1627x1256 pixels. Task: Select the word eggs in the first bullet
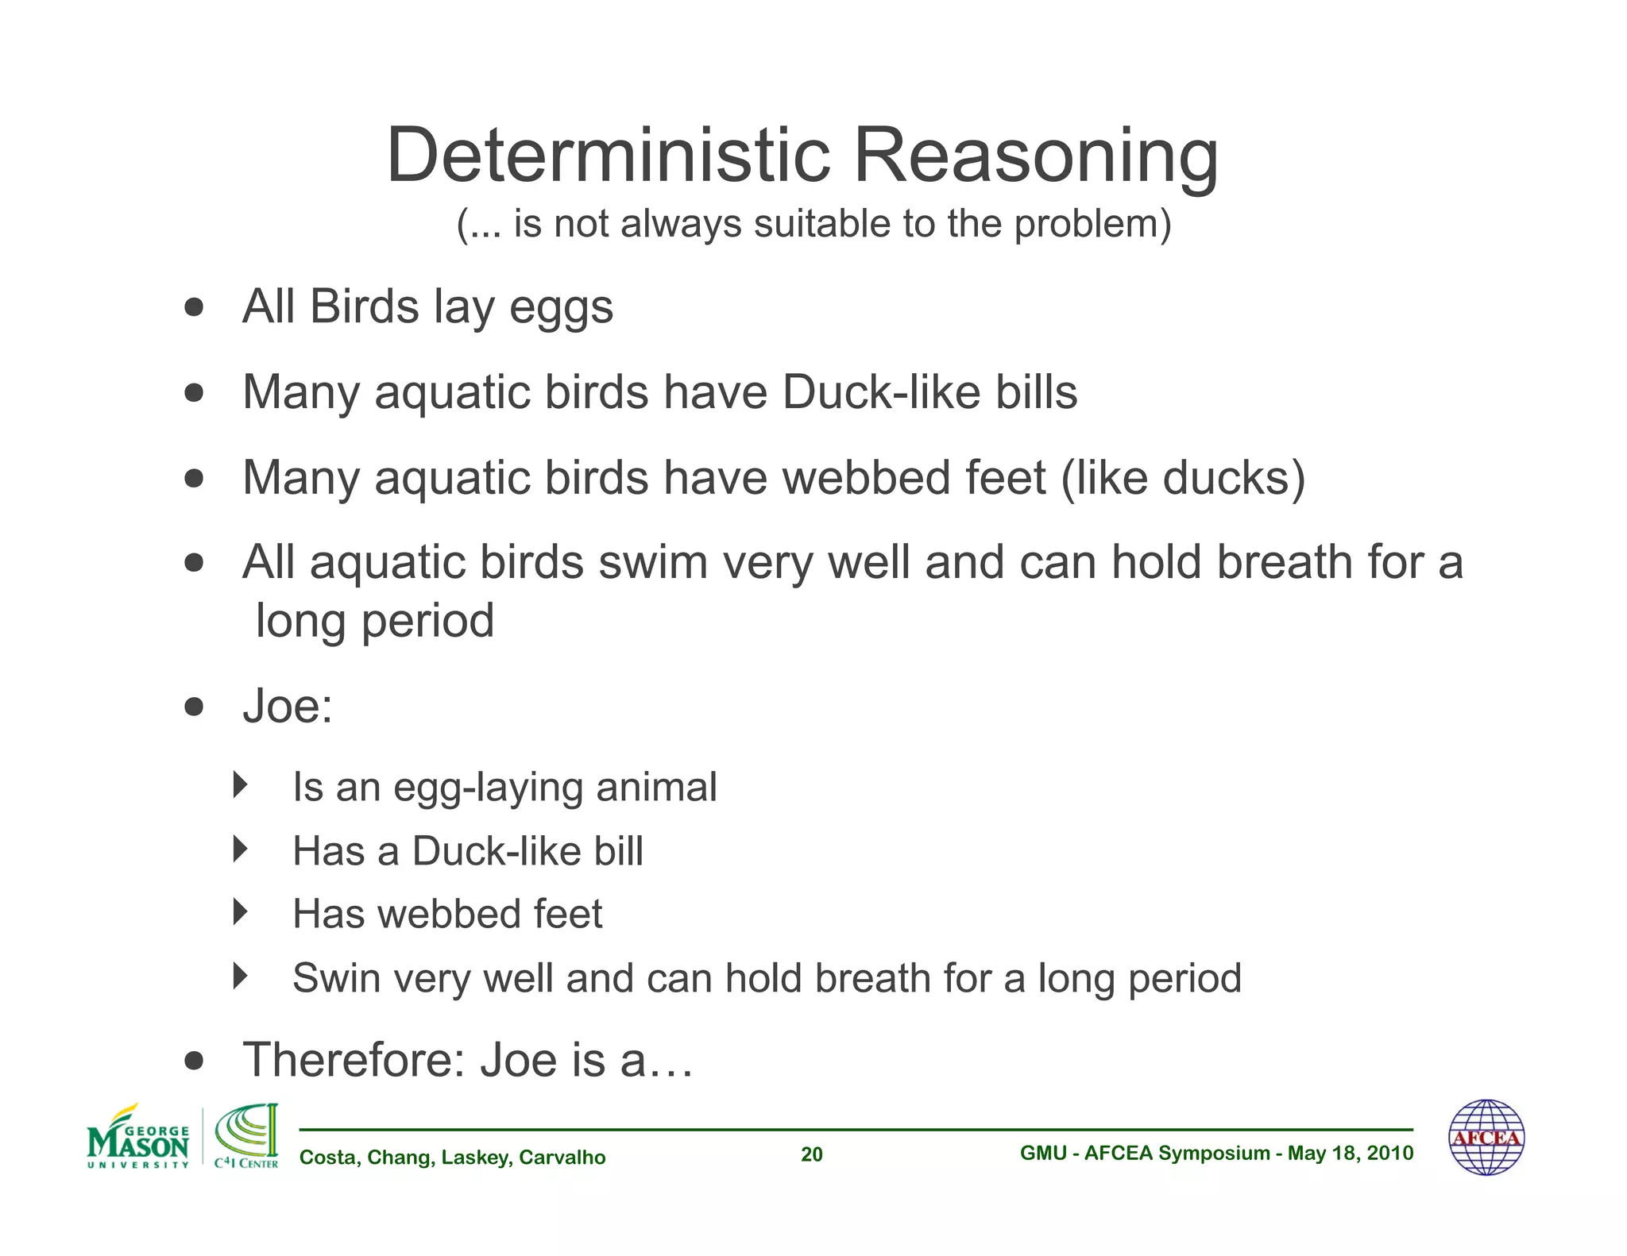(x=561, y=307)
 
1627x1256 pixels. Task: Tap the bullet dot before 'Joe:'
(x=194, y=706)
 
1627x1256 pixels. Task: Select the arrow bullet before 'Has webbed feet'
(x=240, y=911)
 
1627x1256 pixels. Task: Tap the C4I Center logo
(x=247, y=1137)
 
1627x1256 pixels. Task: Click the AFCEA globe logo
(x=1486, y=1137)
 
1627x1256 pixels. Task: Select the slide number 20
(x=811, y=1154)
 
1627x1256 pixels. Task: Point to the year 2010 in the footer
(x=1390, y=1153)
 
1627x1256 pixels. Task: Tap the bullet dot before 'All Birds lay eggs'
(x=194, y=306)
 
